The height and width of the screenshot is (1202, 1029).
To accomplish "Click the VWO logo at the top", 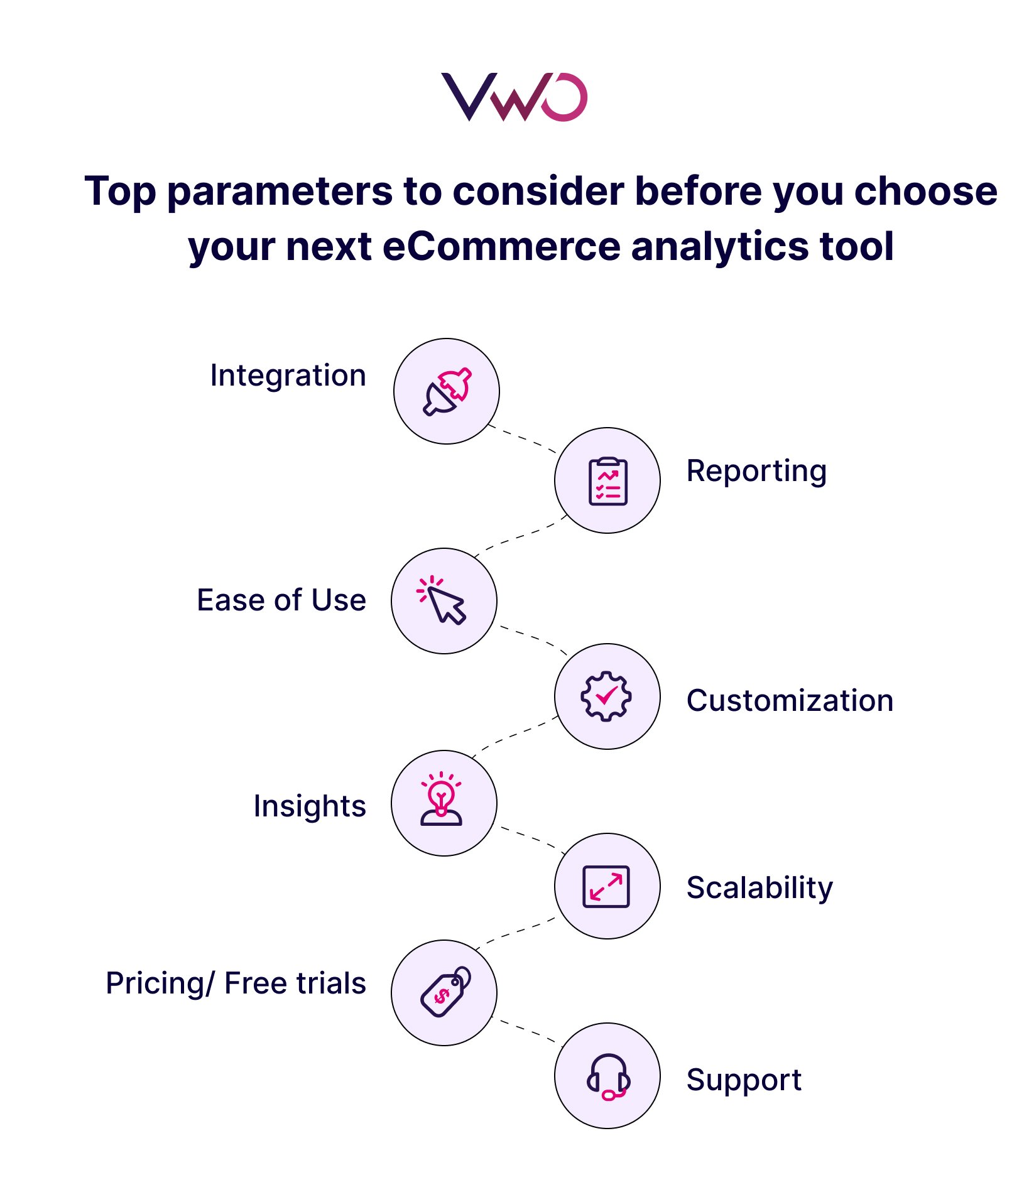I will [514, 97].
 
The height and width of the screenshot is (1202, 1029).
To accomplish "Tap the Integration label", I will [288, 376].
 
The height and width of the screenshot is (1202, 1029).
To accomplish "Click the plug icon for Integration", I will [447, 391].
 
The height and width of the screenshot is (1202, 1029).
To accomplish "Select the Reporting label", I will [756, 471].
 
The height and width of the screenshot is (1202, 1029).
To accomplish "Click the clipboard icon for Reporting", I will [607, 481].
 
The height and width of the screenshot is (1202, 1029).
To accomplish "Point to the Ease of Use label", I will [281, 600].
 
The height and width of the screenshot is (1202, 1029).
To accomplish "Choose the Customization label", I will [790, 700].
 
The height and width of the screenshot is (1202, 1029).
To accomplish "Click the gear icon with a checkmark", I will [606, 696].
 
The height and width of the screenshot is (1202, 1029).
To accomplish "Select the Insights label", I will [309, 806].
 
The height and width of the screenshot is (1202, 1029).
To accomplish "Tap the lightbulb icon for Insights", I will [442, 799].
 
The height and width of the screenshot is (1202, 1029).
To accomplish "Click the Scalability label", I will [759, 887].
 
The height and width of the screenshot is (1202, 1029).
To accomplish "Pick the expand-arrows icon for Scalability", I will [606, 886].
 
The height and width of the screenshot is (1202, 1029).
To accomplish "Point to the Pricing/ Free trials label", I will [236, 983].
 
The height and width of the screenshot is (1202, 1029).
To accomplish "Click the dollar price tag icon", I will [445, 992].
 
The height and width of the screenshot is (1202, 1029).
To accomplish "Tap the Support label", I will [744, 1080].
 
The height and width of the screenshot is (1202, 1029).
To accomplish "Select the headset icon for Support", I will [607, 1076].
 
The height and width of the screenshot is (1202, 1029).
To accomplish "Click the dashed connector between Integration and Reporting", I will [523, 439].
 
